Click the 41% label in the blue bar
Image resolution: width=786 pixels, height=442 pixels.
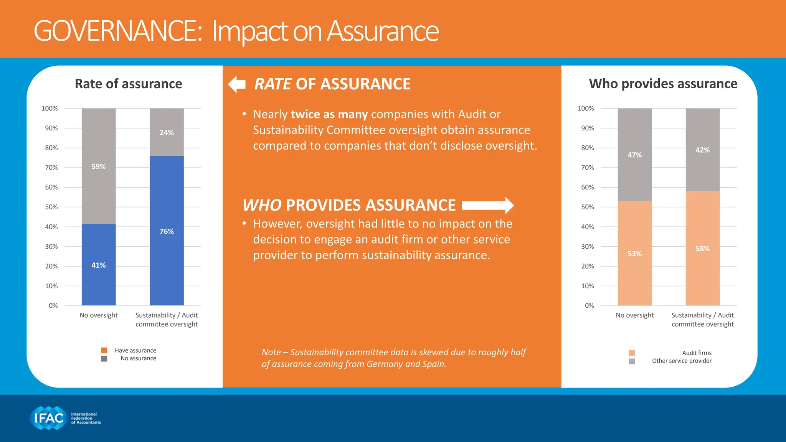pyautogui.click(x=99, y=265)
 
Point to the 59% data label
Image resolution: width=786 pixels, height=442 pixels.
pyautogui.click(x=99, y=167)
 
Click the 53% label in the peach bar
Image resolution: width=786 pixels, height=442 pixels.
pyautogui.click(x=634, y=254)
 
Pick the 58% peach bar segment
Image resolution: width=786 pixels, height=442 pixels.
pyautogui.click(x=702, y=269)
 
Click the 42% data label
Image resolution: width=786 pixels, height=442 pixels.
pyautogui.click(x=702, y=150)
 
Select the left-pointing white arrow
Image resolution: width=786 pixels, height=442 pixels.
pyautogui.click(x=237, y=84)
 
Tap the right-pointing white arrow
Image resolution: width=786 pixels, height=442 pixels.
pyautogui.click(x=488, y=205)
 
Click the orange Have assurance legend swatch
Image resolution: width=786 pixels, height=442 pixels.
pyautogui.click(x=104, y=350)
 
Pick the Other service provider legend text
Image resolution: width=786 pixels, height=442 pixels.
pyautogui.click(x=682, y=361)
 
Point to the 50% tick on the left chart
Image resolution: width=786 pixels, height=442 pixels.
pyautogui.click(x=51, y=207)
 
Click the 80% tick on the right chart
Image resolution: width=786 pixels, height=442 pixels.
pyautogui.click(x=587, y=148)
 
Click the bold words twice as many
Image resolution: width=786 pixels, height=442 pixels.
pyautogui.click(x=329, y=114)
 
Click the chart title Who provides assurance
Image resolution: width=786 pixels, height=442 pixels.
pyautogui.click(x=663, y=84)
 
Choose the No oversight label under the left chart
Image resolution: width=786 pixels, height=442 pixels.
pyautogui.click(x=99, y=315)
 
